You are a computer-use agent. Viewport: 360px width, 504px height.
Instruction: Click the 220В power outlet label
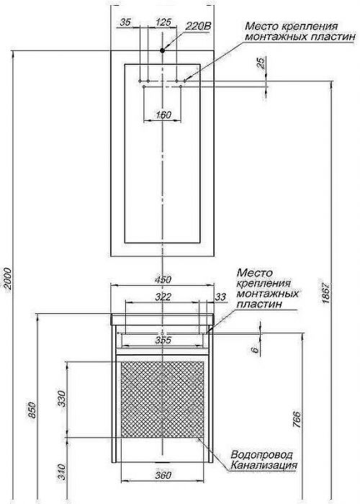tap(198, 27)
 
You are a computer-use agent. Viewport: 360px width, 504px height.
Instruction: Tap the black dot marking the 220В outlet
tap(162, 50)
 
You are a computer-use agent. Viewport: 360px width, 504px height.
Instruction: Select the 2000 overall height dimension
tap(7, 279)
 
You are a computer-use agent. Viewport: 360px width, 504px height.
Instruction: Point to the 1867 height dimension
tap(325, 293)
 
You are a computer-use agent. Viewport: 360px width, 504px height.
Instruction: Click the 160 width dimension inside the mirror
tap(163, 114)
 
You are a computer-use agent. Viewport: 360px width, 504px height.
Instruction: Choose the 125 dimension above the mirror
tap(163, 22)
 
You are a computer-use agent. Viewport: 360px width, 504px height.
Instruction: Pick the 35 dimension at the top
tap(125, 22)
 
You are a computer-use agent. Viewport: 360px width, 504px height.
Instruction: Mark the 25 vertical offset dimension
tap(262, 63)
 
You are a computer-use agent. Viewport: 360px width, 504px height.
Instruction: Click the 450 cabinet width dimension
tap(163, 279)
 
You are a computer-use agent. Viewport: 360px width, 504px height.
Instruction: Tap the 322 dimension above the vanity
tap(163, 297)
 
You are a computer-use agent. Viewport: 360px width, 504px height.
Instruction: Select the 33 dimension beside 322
tap(220, 297)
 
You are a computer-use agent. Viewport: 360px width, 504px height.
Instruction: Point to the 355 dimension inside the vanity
tap(163, 340)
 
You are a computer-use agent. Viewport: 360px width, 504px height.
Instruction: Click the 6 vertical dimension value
tap(255, 350)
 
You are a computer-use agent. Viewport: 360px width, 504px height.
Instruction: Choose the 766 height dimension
tap(297, 419)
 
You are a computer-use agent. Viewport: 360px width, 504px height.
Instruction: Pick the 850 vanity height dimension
tap(32, 410)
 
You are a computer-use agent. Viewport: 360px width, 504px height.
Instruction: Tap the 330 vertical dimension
tap(62, 399)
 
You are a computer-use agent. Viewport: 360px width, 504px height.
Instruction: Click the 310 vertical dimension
tap(62, 472)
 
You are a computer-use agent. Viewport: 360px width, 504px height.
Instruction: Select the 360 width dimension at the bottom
tap(163, 474)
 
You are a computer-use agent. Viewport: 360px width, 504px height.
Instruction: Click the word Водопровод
tap(261, 454)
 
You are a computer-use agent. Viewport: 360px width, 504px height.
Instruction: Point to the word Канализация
tap(264, 465)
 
